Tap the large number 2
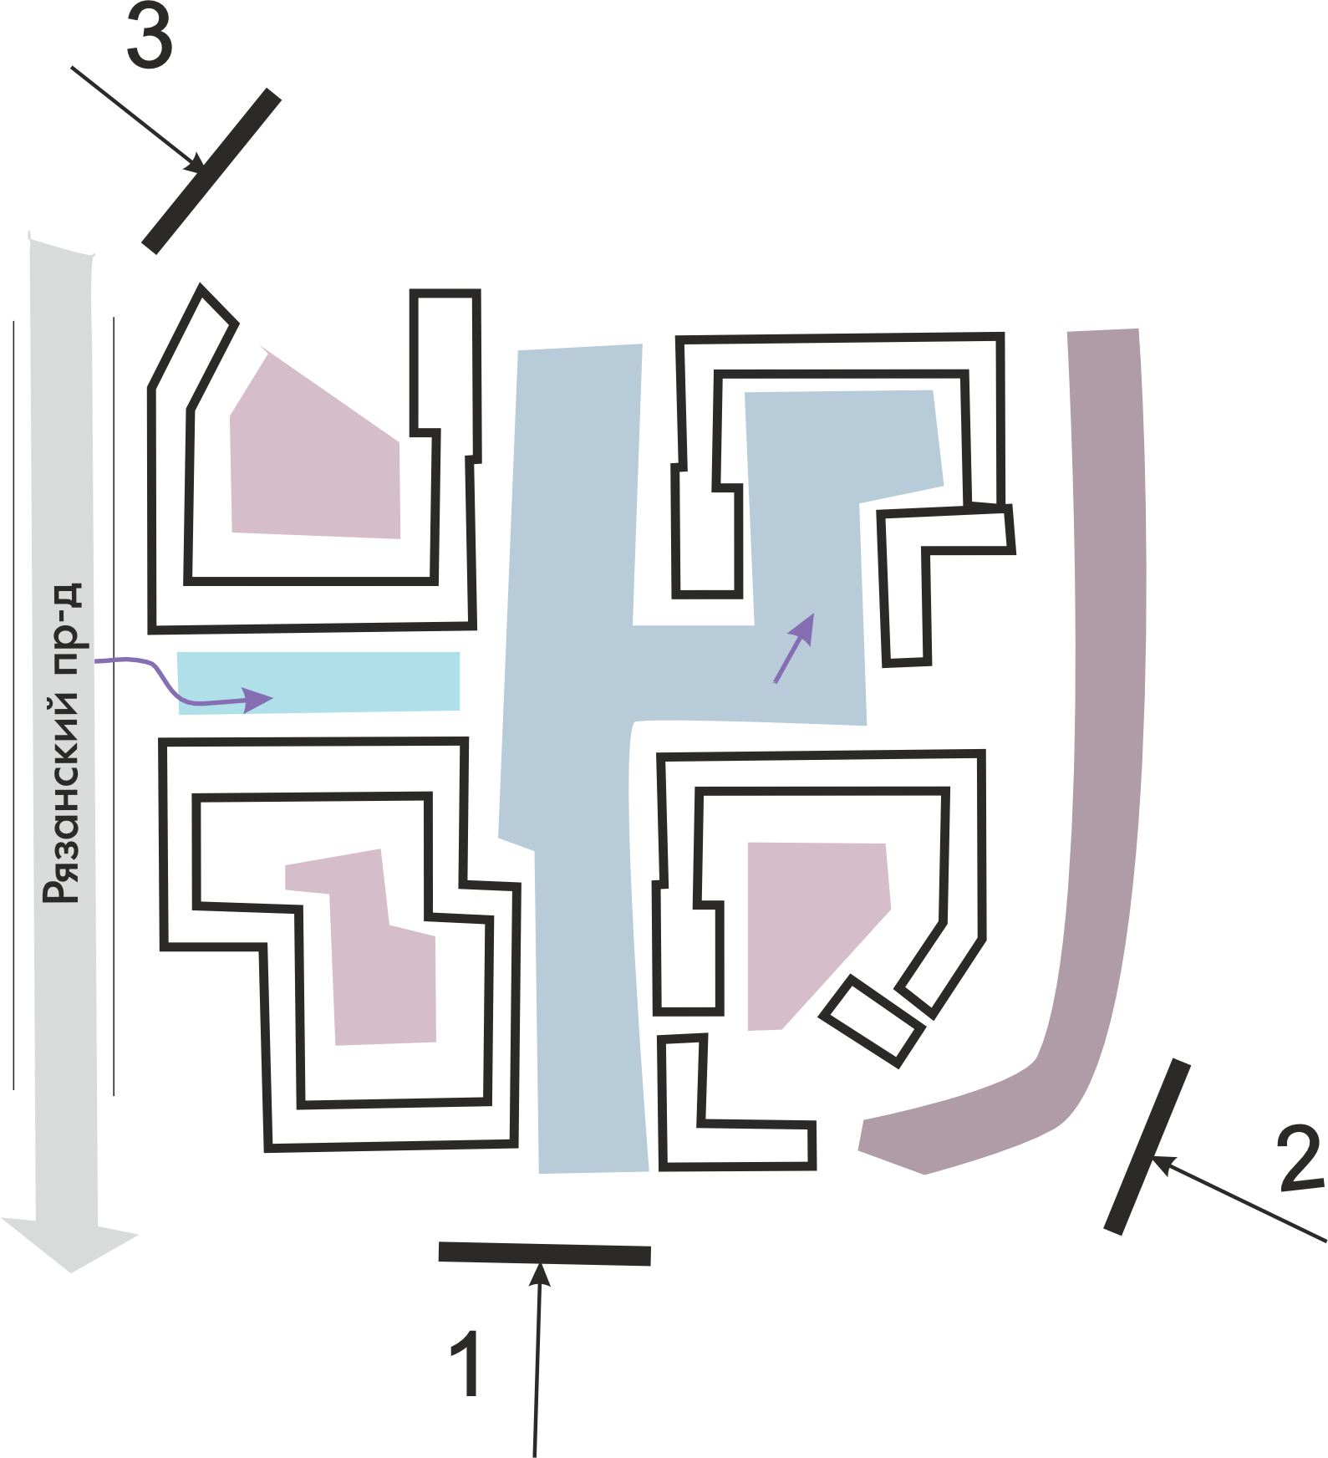coord(1300,1158)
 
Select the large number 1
coord(466,1363)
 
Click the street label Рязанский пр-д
coord(64,743)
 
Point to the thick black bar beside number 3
coord(211,171)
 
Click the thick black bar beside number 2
coord(1147,1146)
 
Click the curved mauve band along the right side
coord(1103,752)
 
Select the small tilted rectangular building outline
coord(873,1021)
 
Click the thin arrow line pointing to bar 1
coord(537,1371)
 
